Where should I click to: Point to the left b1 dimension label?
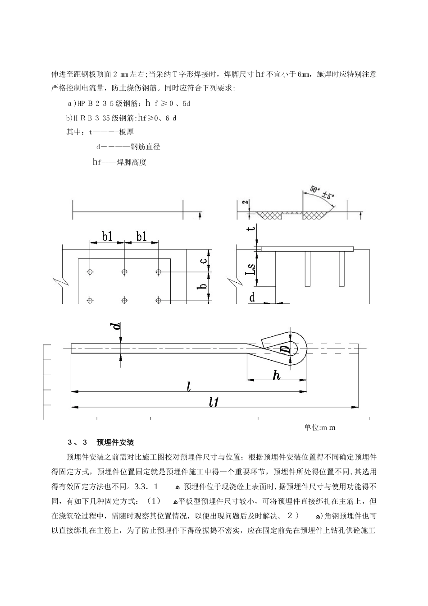tap(107, 236)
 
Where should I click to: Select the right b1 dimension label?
tap(141, 236)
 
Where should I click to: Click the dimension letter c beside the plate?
tap(204, 260)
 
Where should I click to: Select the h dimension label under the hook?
tap(277, 375)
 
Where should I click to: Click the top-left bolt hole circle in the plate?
tap(90, 272)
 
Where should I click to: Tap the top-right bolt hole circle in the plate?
tap(158, 272)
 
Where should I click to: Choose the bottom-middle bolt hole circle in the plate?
tap(124, 300)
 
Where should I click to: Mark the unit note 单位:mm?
tap(320, 427)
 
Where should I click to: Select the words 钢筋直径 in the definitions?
tap(145, 147)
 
